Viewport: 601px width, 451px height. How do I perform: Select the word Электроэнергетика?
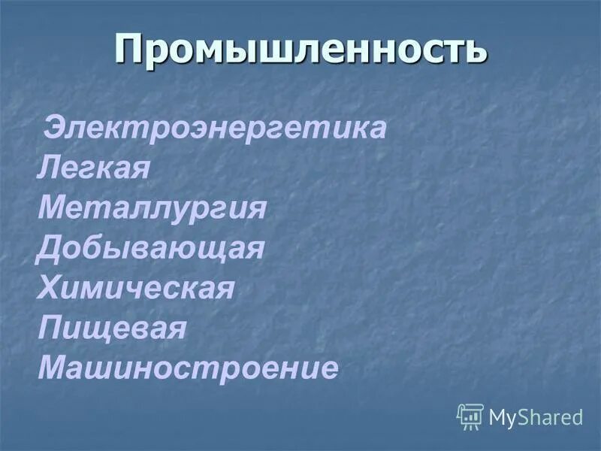216,128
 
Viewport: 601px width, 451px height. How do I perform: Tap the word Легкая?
94,168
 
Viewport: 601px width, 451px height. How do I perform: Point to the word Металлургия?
153,208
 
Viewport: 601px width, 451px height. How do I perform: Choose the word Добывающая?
150,249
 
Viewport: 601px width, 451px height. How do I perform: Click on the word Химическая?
136,289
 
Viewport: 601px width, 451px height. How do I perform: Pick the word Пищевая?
111,329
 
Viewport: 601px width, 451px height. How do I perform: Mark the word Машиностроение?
188,369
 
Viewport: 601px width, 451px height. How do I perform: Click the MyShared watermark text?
536,417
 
